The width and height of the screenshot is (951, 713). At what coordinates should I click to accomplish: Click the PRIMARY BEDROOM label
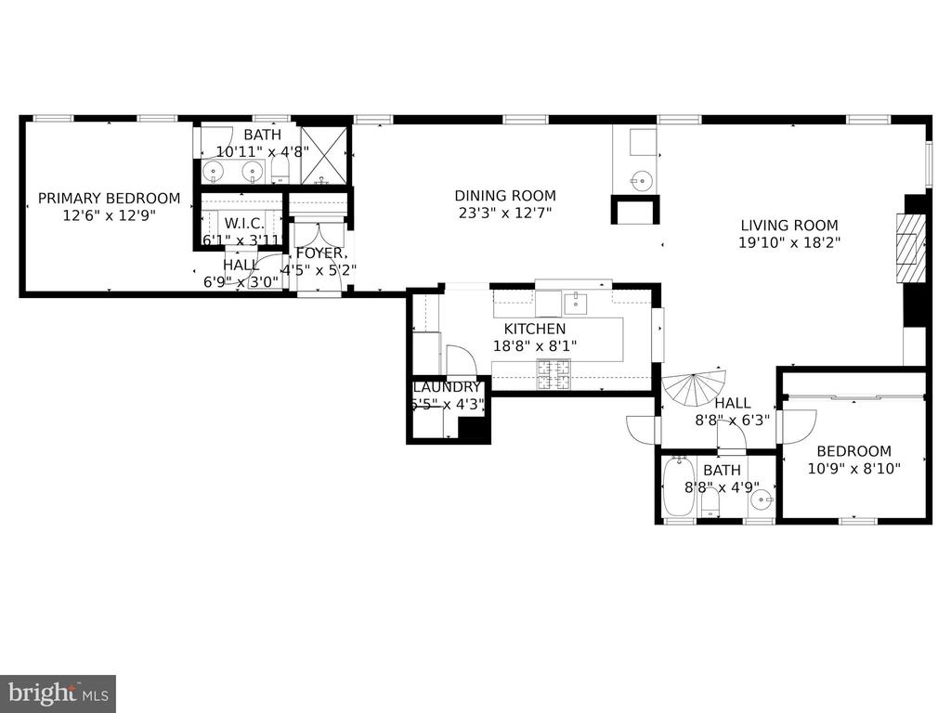click(x=109, y=198)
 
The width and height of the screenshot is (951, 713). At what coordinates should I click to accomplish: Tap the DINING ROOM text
click(x=505, y=196)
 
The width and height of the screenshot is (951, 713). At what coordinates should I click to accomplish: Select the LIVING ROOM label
click(x=789, y=225)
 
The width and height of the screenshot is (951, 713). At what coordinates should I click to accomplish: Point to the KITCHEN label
click(x=535, y=329)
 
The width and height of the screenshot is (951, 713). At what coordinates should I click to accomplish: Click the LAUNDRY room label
click(x=447, y=387)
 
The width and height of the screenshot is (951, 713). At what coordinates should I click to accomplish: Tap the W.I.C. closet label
click(x=244, y=224)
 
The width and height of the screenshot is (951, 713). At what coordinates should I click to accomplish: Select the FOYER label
click(x=321, y=253)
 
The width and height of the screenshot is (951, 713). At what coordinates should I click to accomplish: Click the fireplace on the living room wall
click(x=909, y=247)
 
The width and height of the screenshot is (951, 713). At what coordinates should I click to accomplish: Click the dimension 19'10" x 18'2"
click(x=789, y=242)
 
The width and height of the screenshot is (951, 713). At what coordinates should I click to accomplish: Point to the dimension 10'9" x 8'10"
click(x=854, y=469)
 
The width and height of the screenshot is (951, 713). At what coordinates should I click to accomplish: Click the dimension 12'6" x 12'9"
click(x=109, y=214)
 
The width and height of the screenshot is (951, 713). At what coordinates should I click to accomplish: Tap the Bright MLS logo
click(x=58, y=693)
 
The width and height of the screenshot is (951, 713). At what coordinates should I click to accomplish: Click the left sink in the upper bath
click(x=214, y=171)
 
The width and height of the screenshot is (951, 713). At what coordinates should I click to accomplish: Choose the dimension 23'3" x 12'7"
click(x=505, y=213)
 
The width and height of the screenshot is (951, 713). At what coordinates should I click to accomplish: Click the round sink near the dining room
click(x=639, y=178)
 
